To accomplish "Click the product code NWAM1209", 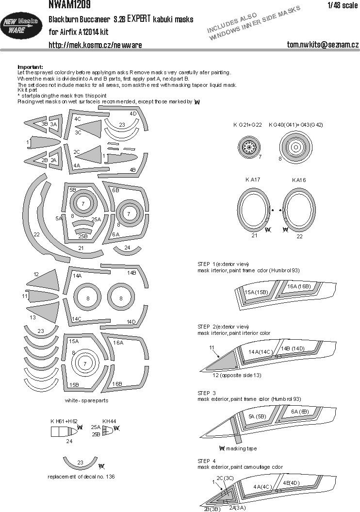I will (68, 5).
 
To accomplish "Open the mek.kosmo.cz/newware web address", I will (95, 45).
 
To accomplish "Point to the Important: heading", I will (30, 66).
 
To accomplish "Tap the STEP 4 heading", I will (207, 461).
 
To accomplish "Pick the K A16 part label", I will (299, 180).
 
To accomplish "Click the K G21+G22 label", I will (247, 125).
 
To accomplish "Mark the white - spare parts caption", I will (86, 401).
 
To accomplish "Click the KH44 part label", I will (109, 420).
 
